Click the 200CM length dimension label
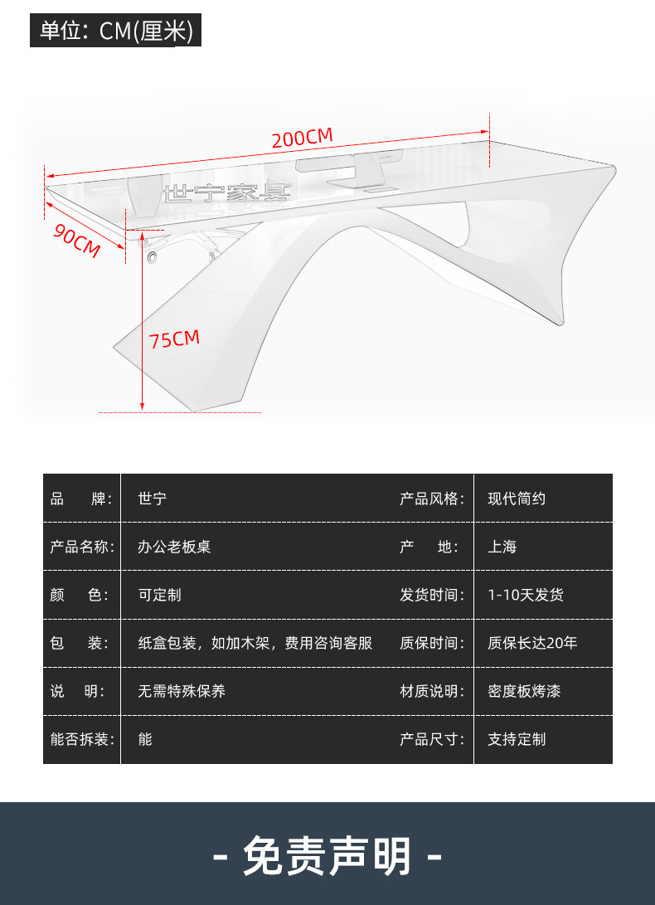(302, 138)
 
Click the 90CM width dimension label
(77, 240)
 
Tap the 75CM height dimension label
(174, 338)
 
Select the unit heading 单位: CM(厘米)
(116, 31)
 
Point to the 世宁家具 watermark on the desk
(226, 193)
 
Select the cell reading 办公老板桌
(174, 547)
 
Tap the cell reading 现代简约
(517, 499)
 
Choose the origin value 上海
(502, 547)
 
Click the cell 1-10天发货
(526, 595)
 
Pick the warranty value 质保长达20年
(532, 643)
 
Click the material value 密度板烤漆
(524, 691)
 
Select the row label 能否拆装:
(82, 739)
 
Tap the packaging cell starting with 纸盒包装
(255, 643)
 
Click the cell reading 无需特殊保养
(182, 691)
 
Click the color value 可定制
(159, 595)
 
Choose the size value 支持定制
(517, 739)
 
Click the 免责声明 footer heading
(327, 856)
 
